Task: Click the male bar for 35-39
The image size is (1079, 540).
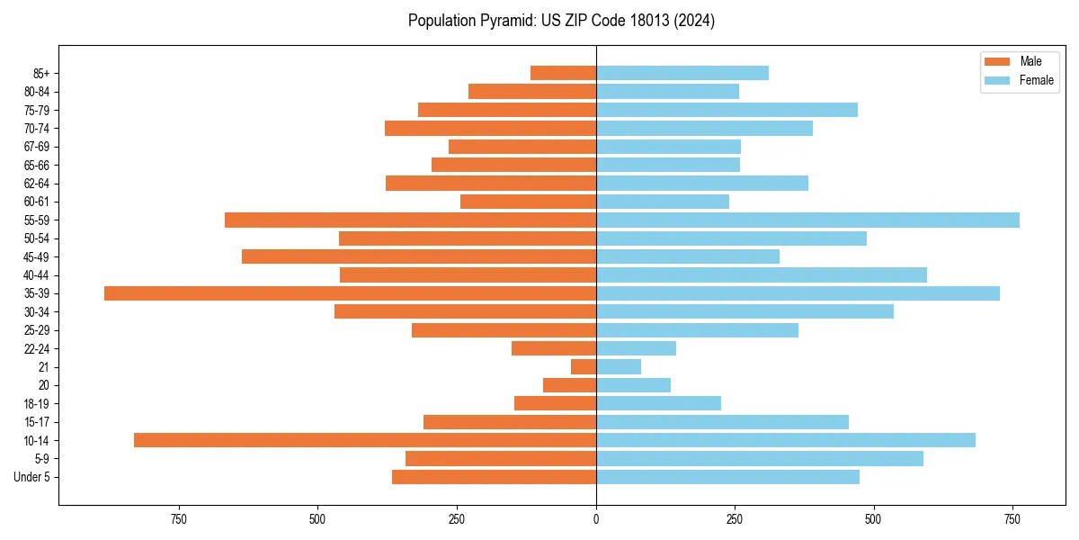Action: [x=351, y=293]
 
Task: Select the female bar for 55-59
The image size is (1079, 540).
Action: [x=807, y=220]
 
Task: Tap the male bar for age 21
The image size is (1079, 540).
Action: [x=584, y=366]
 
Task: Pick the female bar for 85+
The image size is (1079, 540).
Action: [x=682, y=73]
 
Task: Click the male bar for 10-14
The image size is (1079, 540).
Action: [x=365, y=440]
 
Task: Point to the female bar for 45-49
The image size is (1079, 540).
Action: [x=688, y=256]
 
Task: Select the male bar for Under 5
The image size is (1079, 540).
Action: [x=494, y=477]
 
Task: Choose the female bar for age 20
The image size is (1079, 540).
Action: [x=633, y=385]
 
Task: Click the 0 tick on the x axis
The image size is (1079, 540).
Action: [x=596, y=519]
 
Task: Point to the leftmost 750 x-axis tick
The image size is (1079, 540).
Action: [x=178, y=519]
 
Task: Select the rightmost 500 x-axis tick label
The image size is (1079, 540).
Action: [x=873, y=519]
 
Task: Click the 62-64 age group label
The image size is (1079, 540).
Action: [x=37, y=184]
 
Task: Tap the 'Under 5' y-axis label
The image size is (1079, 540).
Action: [x=31, y=477]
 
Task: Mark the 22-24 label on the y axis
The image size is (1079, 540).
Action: [x=37, y=348]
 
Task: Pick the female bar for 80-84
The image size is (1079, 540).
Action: [x=667, y=91]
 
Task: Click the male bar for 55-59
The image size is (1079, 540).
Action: [x=410, y=220]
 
